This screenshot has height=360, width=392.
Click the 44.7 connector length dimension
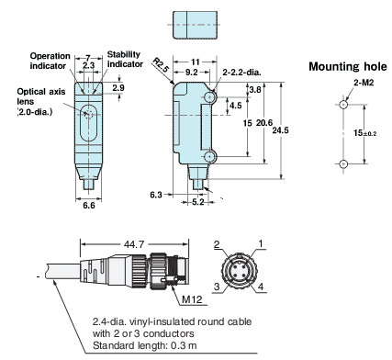[134, 244]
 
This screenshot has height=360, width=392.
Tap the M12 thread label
[192, 299]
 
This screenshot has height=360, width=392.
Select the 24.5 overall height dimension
[280, 130]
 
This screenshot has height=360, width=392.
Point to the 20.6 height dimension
[264, 123]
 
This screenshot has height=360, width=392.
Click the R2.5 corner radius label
[161, 65]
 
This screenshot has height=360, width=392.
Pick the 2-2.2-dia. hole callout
[241, 73]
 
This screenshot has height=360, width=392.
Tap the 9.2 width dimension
[192, 73]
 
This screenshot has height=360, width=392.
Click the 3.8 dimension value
[255, 90]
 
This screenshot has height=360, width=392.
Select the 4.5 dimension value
[235, 106]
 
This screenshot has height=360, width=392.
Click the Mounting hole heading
[348, 66]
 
